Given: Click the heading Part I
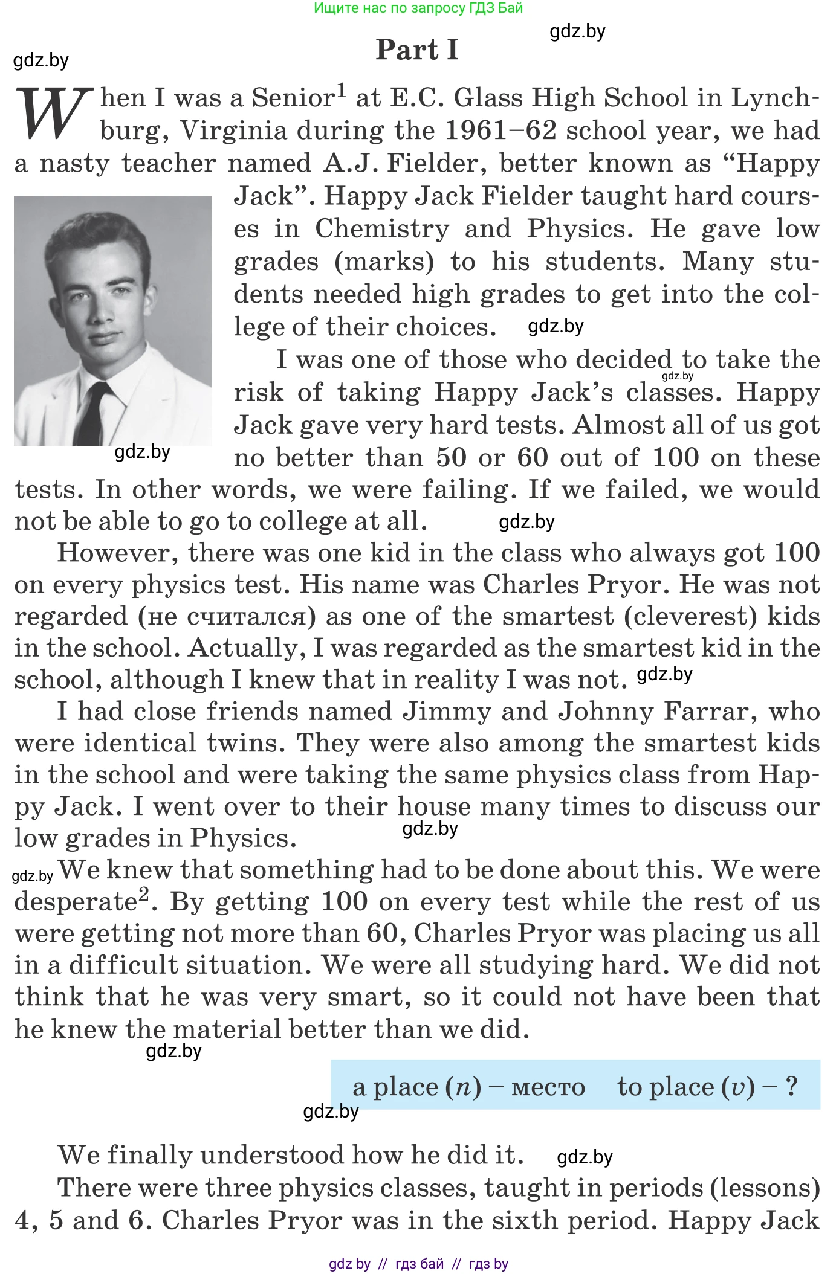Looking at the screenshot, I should click(x=417, y=50).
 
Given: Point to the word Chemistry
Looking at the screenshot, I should click(x=382, y=229).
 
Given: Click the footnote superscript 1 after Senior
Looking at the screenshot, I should click(x=342, y=91).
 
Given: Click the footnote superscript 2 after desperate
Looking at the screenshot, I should click(x=144, y=893).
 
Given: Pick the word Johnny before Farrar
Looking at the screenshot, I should click(x=605, y=712).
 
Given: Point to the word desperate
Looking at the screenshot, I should click(x=75, y=902).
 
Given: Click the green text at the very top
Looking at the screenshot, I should click(x=418, y=8).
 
